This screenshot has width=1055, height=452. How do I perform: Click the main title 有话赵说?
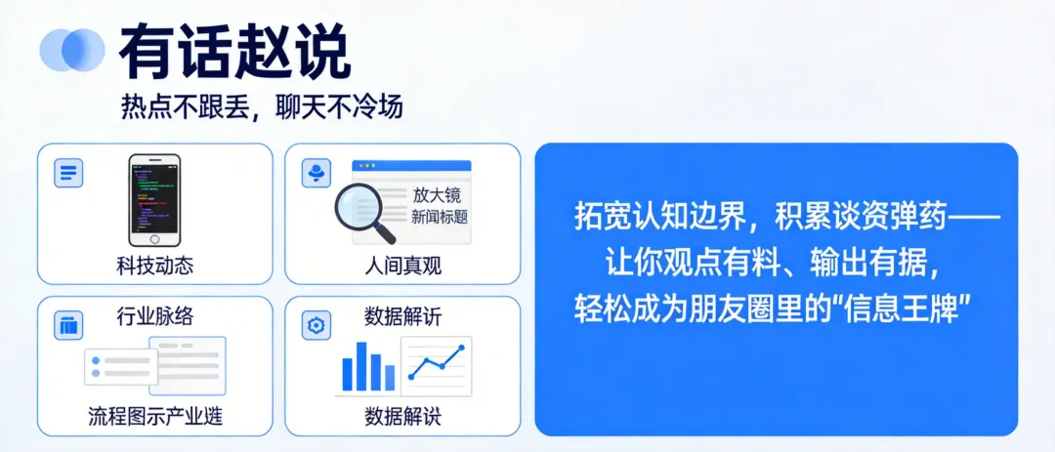point(234,51)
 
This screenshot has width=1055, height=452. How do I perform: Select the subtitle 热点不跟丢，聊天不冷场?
point(262,106)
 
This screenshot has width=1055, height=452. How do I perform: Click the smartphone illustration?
point(154,200)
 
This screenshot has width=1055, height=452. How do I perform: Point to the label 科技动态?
point(154,266)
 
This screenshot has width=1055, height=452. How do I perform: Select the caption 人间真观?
point(401,266)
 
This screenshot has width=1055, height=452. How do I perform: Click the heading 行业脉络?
point(154,316)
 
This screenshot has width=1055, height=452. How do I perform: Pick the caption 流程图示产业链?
point(154,417)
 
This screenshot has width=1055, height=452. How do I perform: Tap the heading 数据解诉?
point(401,316)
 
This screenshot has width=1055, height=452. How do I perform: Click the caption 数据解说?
point(401,417)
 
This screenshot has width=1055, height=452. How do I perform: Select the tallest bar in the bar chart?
point(361,366)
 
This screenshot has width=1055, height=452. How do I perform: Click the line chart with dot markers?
point(436,364)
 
